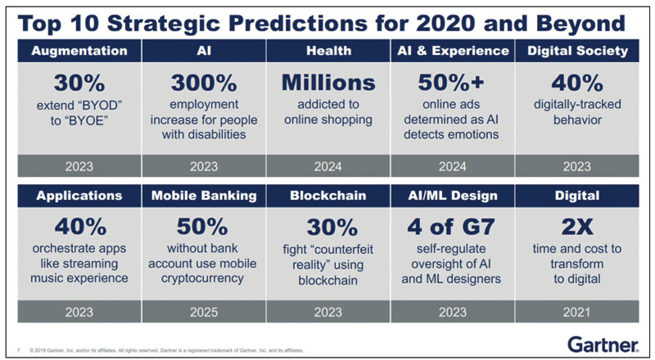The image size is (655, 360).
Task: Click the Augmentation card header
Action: point(79,51)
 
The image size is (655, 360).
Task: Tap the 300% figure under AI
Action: point(204,83)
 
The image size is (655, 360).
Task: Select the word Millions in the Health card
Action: point(328,83)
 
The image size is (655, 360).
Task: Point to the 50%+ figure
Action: point(453,83)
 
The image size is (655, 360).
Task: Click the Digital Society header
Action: point(577,51)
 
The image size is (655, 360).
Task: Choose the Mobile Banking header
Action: point(204,196)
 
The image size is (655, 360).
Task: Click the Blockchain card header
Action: point(328,196)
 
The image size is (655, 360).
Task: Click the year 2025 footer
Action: point(204,312)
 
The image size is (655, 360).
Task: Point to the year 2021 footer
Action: point(577,312)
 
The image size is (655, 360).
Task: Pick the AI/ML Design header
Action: point(453,196)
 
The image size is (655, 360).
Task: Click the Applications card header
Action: point(79,196)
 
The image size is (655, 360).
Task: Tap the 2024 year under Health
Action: point(328,166)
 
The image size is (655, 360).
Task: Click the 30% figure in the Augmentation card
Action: point(79,83)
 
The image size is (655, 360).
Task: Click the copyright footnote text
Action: point(164,349)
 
